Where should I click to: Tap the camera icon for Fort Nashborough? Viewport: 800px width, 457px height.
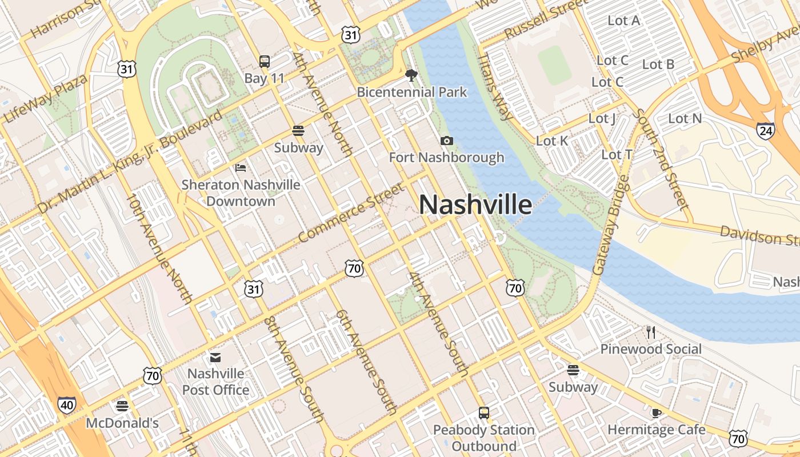pos(447,141)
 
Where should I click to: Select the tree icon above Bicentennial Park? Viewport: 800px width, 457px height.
pos(411,75)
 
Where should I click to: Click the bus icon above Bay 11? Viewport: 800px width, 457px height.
pos(264,61)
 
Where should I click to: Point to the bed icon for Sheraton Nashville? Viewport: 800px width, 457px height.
pos(241,167)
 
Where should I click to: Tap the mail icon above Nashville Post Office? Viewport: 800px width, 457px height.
pos(215,357)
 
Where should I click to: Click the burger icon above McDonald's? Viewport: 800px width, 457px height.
pos(122,406)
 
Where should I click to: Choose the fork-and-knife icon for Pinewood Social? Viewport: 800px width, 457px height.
pos(650,332)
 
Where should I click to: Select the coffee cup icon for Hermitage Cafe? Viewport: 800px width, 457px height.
pos(656,412)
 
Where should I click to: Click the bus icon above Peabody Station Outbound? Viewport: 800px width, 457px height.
pos(484,412)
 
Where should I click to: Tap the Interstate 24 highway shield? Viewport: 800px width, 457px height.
pos(765,131)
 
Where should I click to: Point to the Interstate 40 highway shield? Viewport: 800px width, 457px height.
pos(66,405)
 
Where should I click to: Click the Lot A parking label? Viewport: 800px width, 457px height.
pos(623,21)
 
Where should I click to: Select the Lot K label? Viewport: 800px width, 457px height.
pos(552,141)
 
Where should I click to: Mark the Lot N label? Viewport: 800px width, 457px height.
pos(685,119)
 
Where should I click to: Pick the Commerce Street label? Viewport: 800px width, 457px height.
pos(351,213)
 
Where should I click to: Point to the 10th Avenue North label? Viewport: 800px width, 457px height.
pos(159,247)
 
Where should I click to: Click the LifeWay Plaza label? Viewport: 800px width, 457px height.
pos(46,98)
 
